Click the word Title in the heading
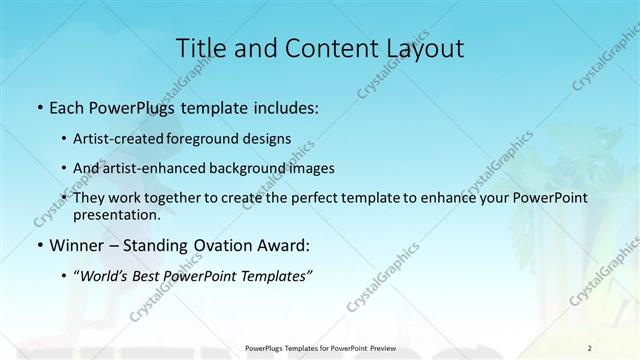tap(200, 48)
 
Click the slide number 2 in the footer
tap(590, 347)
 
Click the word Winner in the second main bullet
tap(77, 245)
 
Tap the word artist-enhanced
tap(170, 168)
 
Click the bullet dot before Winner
tap(39, 245)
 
